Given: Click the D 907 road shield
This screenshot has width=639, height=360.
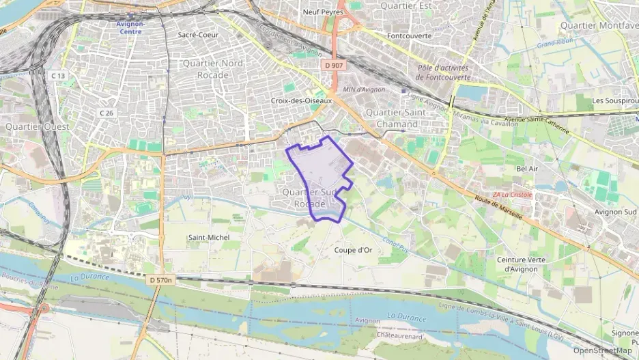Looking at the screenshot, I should [x=334, y=65].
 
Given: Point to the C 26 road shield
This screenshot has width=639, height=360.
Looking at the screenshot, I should [x=106, y=112].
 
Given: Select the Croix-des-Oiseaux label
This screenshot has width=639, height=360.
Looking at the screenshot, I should [x=301, y=100].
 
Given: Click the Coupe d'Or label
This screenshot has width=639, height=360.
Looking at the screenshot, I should [x=353, y=250].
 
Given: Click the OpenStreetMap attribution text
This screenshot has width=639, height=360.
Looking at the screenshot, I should [x=602, y=350].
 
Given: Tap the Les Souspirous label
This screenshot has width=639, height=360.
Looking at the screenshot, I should [x=615, y=100].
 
